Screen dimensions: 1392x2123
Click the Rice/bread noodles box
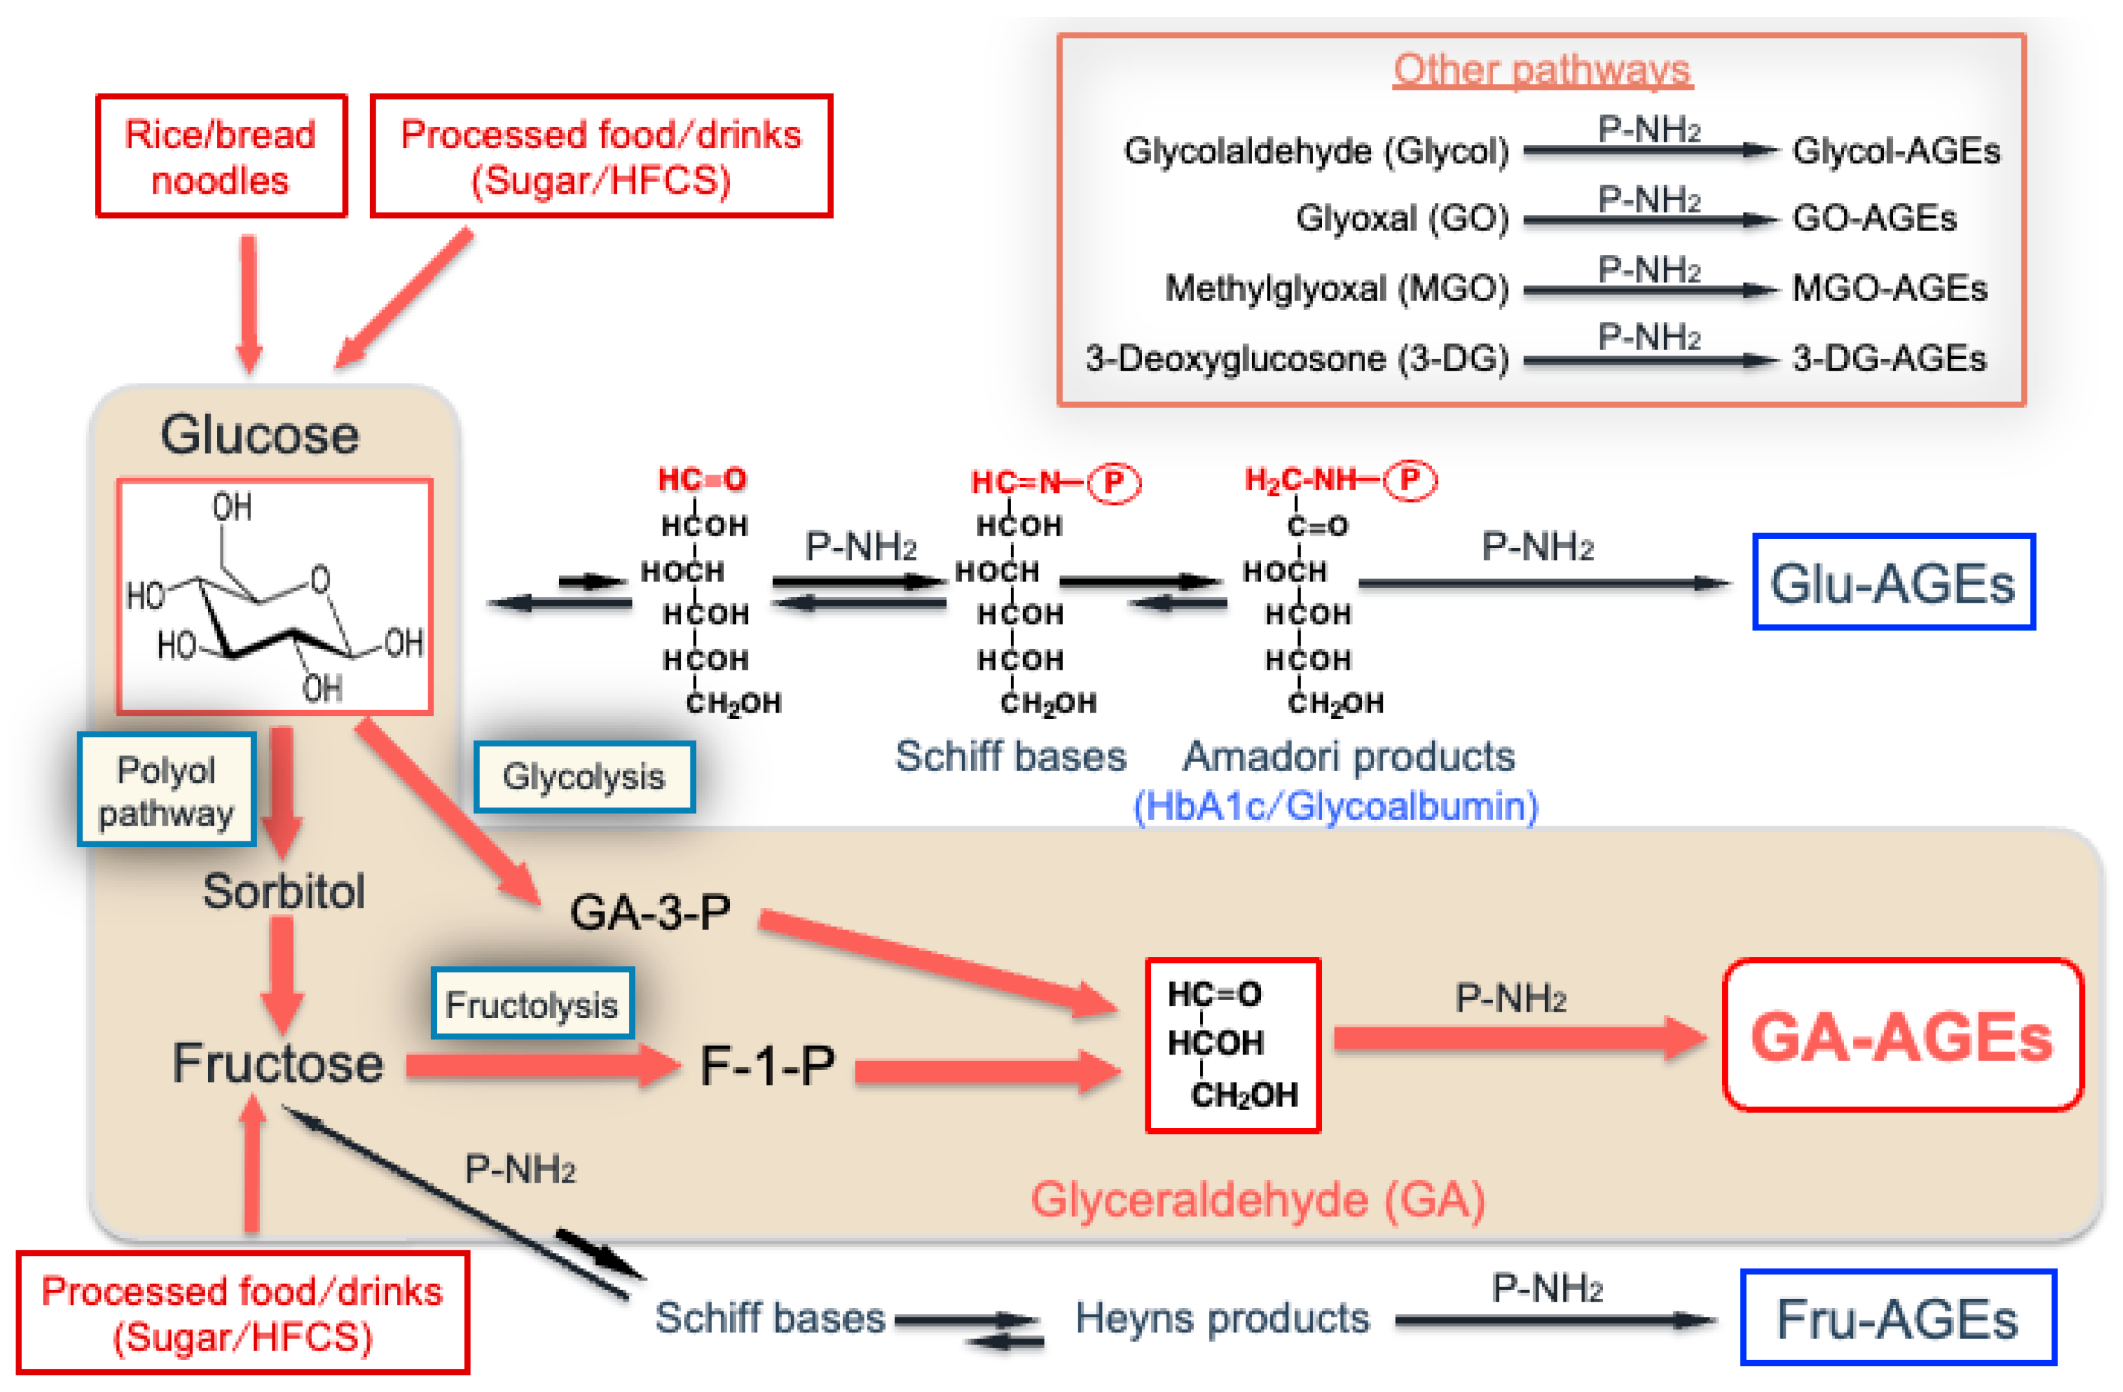pyautogui.click(x=220, y=156)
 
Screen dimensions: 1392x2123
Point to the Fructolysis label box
pyautogui.click(x=532, y=1005)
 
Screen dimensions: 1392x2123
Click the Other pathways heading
pyautogui.click(x=1543, y=70)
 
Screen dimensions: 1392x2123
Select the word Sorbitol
pyautogui.click(x=283, y=891)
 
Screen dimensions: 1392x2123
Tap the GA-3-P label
pyautogui.click(x=650, y=913)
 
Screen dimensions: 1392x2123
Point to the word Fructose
pyautogui.click(x=278, y=1064)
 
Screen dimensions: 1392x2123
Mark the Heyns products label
pyautogui.click(x=1221, y=1318)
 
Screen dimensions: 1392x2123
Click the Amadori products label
pyautogui.click(x=1348, y=757)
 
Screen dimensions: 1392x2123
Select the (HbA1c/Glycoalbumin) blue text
pyautogui.click(x=1335, y=806)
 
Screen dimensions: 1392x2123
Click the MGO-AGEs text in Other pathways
pyautogui.click(x=1889, y=288)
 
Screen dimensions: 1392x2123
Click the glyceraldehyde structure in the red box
pyautogui.click(x=1232, y=1045)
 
